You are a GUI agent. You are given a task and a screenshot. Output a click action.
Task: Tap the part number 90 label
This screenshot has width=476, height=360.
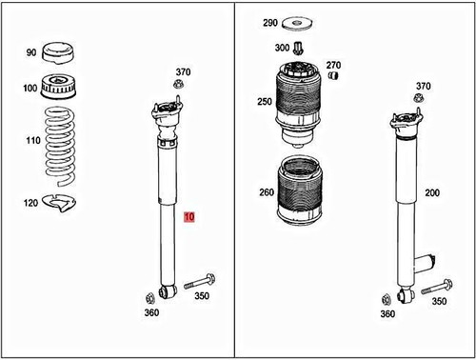[30, 52]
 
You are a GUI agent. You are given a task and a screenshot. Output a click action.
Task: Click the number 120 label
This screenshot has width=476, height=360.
[30, 203]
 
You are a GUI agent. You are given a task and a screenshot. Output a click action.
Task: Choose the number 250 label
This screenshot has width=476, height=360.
[264, 101]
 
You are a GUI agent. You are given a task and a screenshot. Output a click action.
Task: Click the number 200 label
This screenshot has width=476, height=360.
[432, 193]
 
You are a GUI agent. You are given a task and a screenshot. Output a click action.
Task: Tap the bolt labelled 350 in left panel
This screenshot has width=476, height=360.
[198, 282]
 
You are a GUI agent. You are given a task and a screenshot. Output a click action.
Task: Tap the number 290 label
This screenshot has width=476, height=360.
[269, 22]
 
